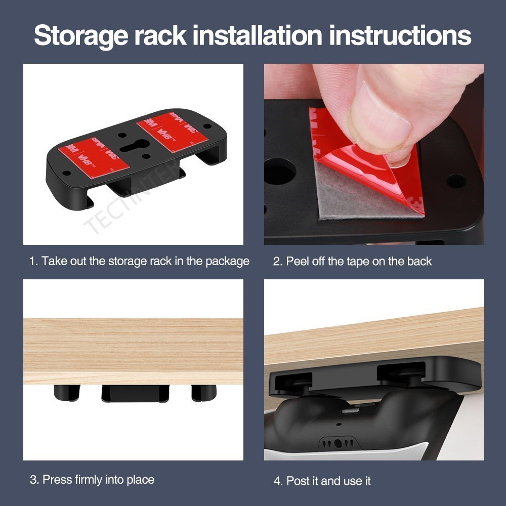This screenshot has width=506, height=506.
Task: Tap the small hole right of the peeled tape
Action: tap(456, 181)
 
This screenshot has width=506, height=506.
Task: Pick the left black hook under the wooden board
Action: tap(66, 393)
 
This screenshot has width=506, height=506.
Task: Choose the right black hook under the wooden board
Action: tap(203, 392)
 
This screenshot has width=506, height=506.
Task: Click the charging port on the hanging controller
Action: tap(338, 443)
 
